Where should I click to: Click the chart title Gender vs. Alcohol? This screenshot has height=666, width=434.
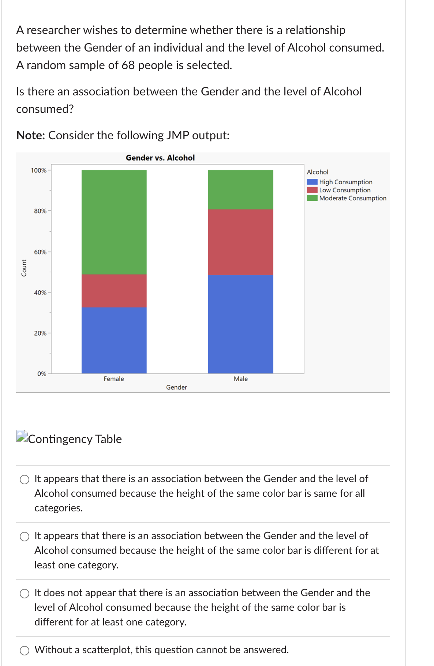click(x=160, y=158)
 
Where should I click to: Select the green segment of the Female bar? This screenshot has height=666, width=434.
click(x=114, y=222)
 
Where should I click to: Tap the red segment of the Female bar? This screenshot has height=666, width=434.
click(x=114, y=291)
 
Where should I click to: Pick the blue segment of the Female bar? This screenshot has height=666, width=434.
click(x=114, y=340)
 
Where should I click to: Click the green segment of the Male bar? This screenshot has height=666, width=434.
click(x=240, y=190)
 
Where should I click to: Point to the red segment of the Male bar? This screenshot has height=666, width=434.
click(x=240, y=242)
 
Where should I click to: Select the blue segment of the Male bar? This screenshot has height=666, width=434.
click(x=240, y=324)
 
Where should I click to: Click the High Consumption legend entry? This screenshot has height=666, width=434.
click(x=340, y=182)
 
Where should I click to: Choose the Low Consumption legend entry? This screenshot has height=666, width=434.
click(x=338, y=190)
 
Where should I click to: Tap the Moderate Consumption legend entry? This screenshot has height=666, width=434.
click(x=347, y=198)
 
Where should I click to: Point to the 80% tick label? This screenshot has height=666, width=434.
click(x=40, y=211)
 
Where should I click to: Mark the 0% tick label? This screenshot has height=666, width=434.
click(x=42, y=374)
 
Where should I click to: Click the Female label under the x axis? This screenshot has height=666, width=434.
click(x=114, y=379)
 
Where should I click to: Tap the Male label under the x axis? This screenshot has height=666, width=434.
click(x=241, y=379)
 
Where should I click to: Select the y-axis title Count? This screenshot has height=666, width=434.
click(x=24, y=268)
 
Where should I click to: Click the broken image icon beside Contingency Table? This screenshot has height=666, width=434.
click(x=22, y=436)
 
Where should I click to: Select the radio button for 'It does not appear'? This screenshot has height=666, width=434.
click(x=25, y=594)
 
